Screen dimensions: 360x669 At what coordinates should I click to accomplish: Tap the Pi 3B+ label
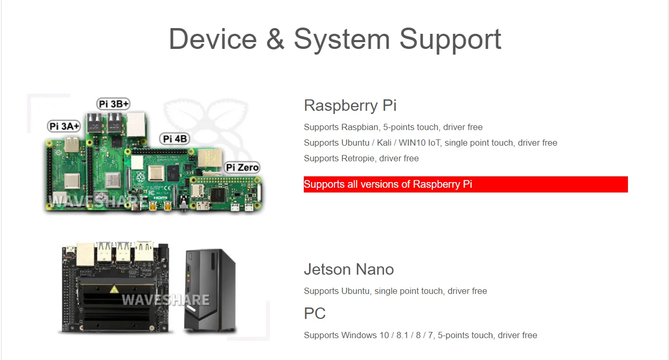[x=113, y=104]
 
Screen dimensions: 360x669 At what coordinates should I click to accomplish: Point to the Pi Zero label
[x=242, y=168]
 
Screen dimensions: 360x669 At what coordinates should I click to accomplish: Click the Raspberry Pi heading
[x=350, y=106]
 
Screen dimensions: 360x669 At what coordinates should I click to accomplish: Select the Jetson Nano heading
[x=349, y=269]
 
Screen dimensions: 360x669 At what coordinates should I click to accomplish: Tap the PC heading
[x=315, y=314]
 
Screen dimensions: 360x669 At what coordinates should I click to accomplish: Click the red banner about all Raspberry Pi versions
[x=466, y=184]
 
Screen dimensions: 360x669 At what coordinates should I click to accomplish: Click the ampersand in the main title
[x=275, y=39]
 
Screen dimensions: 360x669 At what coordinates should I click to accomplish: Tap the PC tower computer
[x=210, y=290]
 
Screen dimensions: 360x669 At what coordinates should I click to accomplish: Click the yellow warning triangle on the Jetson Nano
[x=114, y=289]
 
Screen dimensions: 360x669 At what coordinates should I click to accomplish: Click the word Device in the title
[x=213, y=39]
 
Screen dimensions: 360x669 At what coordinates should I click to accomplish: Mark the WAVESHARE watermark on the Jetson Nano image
[x=165, y=300]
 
